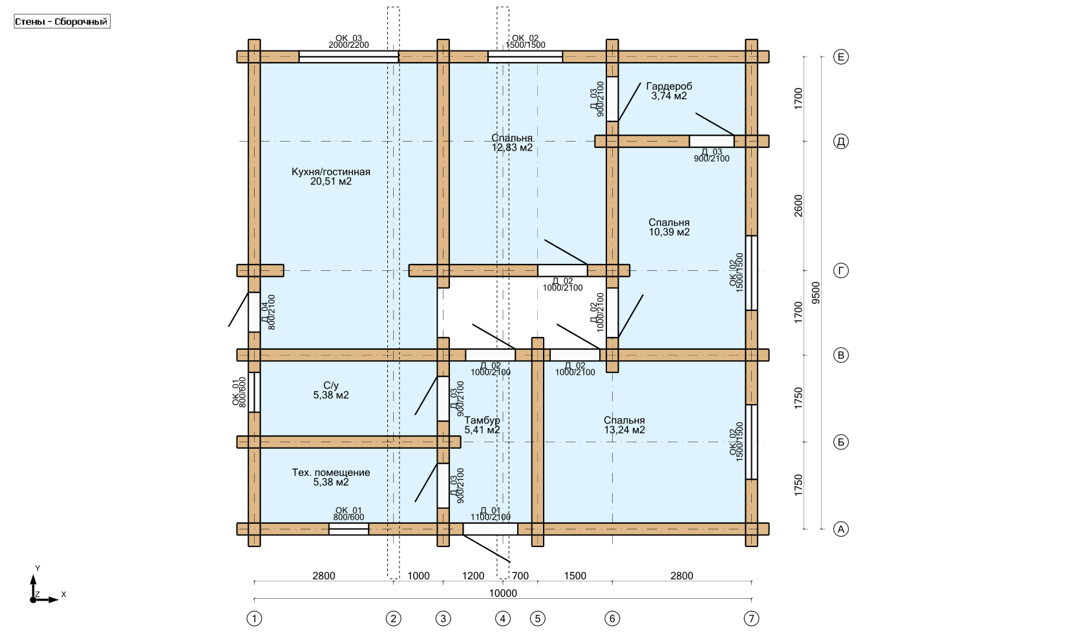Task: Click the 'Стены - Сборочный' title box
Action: (61, 22)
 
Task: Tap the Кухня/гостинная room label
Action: (330, 177)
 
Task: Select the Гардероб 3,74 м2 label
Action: (668, 91)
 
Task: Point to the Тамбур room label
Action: (482, 425)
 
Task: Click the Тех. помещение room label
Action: (330, 477)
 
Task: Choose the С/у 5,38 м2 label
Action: (330, 391)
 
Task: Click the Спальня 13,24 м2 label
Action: (624, 425)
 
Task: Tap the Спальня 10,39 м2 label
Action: (668, 227)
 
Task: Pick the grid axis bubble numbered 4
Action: (503, 619)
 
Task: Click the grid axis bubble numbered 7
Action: (751, 619)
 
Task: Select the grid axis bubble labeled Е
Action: (841, 57)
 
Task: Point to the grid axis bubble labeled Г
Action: (841, 271)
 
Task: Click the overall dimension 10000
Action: (503, 593)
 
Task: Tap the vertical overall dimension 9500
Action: (816, 292)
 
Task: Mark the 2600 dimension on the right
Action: (798, 206)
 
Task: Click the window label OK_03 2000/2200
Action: (348, 41)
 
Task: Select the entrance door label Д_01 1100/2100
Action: (491, 513)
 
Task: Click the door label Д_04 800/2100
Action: (268, 312)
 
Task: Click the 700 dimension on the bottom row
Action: (520, 575)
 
